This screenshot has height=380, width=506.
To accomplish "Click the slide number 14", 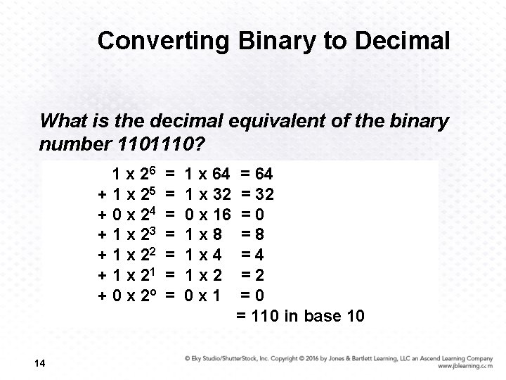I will (39, 363).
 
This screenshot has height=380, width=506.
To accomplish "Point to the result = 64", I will (257, 174).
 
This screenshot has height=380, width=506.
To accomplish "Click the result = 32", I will (257, 194).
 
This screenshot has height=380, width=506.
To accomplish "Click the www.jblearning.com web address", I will (464, 367).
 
